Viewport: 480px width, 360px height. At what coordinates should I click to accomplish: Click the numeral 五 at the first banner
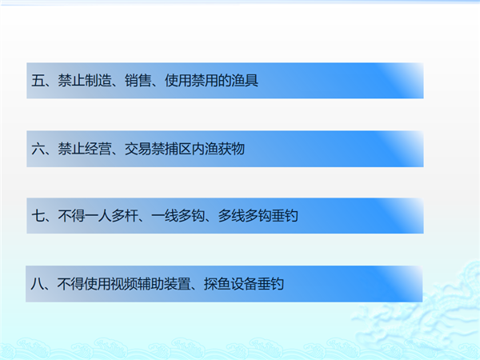38,81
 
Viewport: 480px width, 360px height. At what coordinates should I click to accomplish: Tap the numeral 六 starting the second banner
38,149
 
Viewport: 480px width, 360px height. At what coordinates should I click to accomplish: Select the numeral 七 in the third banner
38,216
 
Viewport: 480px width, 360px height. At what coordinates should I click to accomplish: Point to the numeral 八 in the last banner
37,284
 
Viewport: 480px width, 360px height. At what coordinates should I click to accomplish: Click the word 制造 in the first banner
98,81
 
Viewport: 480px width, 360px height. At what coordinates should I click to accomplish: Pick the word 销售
138,81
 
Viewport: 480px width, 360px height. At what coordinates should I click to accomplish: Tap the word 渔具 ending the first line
245,81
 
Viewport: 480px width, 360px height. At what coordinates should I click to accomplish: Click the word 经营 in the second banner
98,149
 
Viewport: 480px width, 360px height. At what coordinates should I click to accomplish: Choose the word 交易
138,149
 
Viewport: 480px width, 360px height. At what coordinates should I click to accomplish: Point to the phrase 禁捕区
171,149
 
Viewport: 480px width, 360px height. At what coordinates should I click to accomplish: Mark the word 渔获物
225,149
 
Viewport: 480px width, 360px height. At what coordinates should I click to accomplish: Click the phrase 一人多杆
111,216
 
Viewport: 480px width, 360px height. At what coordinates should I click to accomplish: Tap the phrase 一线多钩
178,216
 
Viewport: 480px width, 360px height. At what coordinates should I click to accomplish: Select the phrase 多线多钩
245,216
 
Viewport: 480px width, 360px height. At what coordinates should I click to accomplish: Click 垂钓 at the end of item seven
285,216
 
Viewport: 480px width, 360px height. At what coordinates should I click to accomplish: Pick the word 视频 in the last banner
124,284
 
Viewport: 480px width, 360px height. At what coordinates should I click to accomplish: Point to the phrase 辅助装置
164,284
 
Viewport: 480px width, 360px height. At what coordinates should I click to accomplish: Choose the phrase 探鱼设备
230,284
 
